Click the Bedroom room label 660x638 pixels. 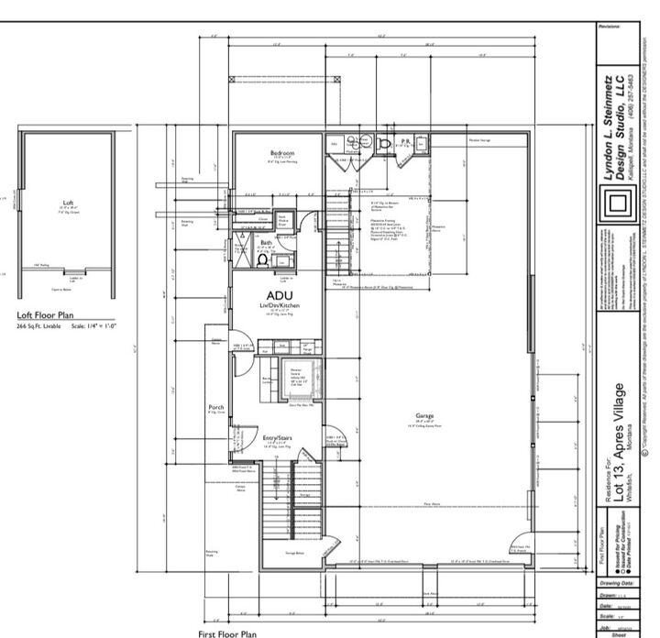(281, 152)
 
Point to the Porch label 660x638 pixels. (216, 407)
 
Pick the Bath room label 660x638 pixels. (266, 243)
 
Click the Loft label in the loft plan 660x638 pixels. (67, 203)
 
